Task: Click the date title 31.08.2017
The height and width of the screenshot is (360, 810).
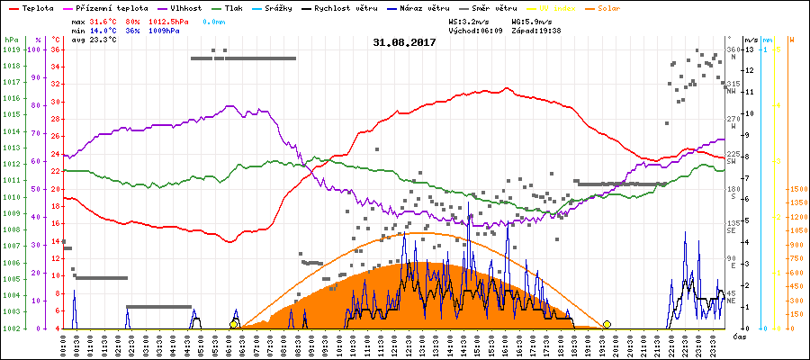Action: click(x=404, y=42)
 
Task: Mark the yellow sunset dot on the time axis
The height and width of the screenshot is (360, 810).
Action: click(x=607, y=325)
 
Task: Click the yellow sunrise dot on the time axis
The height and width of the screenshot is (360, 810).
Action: click(x=234, y=325)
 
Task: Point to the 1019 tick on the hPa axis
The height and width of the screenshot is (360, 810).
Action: click(x=11, y=50)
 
